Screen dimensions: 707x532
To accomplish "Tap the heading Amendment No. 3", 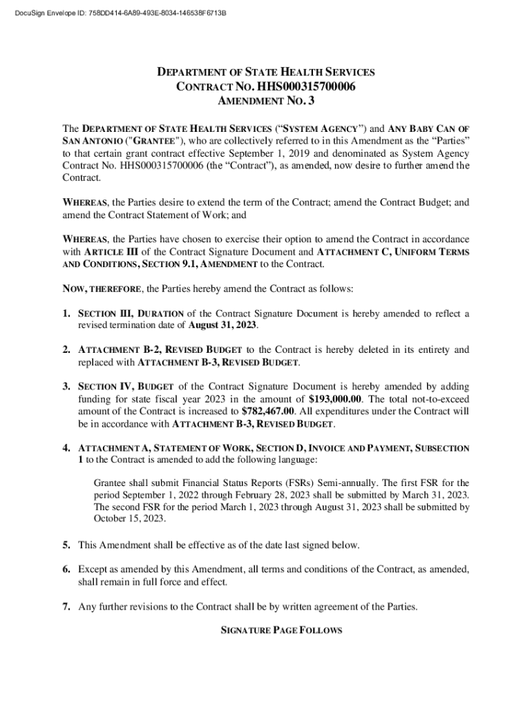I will [x=265, y=102].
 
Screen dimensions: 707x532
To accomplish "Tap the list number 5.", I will [x=67, y=545].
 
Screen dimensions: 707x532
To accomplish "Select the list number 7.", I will [x=67, y=608].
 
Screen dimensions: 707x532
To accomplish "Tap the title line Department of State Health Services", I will [x=265, y=72].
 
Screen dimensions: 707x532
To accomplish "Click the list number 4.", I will [x=67, y=448].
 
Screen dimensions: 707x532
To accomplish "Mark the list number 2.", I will [x=67, y=350].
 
